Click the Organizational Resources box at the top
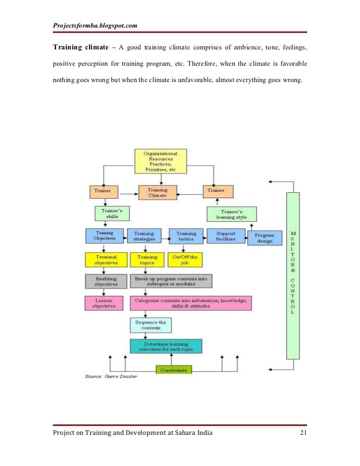(x=161, y=161)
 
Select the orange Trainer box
(x=103, y=191)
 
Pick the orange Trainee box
(x=218, y=191)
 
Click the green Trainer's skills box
(x=112, y=213)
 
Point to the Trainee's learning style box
(x=231, y=213)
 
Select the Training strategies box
(x=144, y=236)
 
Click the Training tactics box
(x=186, y=236)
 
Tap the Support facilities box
(x=225, y=236)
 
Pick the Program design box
(x=265, y=238)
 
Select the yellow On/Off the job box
(x=186, y=260)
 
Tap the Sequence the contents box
(x=151, y=325)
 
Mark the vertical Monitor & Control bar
(x=293, y=274)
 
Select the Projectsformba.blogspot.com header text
(x=95, y=25)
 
